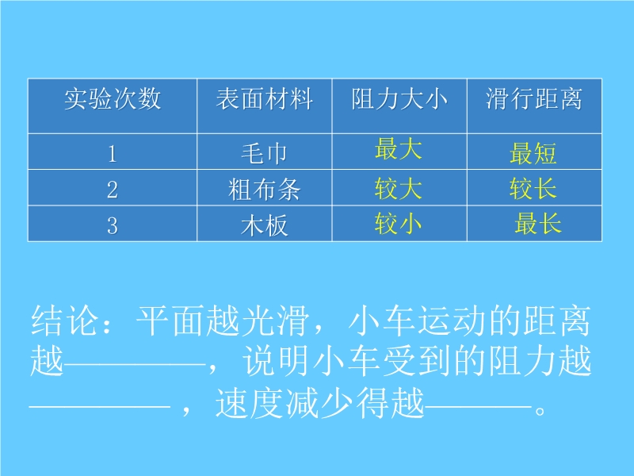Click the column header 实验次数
(x=113, y=98)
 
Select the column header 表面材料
(x=265, y=98)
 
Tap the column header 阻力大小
(x=399, y=98)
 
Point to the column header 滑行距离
(x=534, y=98)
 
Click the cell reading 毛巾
(x=265, y=153)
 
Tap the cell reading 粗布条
(x=265, y=189)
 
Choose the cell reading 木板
(x=265, y=225)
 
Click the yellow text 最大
(x=399, y=148)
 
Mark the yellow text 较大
(x=399, y=188)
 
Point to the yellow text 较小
(x=399, y=223)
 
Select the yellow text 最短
(x=533, y=153)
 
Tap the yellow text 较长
(x=533, y=188)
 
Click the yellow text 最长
(x=538, y=223)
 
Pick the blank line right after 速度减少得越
(x=479, y=405)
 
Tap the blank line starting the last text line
(x=100, y=405)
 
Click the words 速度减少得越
(x=320, y=403)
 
